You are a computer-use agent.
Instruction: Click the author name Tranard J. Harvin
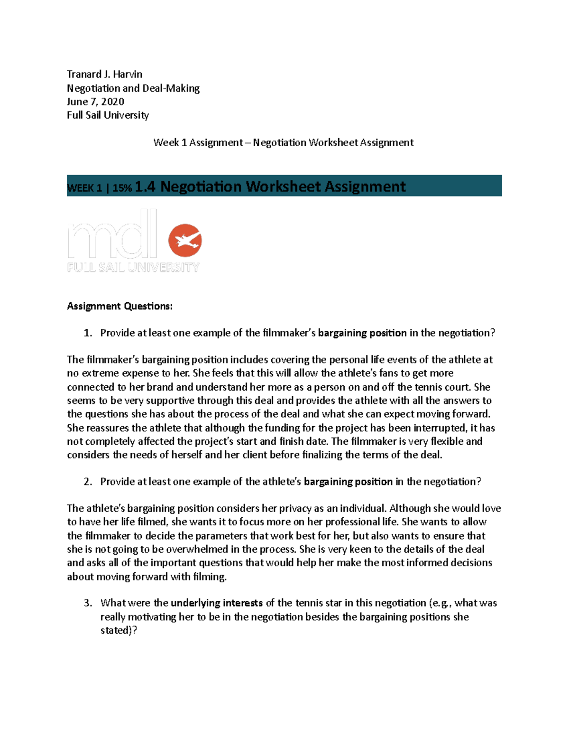[104, 74]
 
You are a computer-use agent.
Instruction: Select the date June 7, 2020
[95, 102]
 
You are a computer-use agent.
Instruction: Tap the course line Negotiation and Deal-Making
[133, 88]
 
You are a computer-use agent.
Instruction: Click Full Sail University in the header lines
[108, 115]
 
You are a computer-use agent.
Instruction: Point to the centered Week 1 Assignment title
[283, 142]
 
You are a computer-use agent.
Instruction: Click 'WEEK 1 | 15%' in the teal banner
[99, 188]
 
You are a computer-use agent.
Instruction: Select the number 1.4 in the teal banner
[145, 187]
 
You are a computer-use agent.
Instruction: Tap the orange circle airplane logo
[185, 241]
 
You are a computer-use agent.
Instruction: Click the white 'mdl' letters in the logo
[112, 235]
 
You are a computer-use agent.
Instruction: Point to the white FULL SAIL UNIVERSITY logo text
[133, 268]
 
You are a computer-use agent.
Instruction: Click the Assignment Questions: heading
[119, 306]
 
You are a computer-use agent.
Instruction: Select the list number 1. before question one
[88, 333]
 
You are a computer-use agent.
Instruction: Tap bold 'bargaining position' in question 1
[362, 333]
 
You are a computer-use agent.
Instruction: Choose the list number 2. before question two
[88, 482]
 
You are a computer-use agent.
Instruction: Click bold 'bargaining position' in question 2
[348, 482]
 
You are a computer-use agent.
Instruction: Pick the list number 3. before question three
[88, 603]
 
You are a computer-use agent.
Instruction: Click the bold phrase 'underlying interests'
[216, 603]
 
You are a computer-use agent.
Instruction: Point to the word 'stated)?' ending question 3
[119, 631]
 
